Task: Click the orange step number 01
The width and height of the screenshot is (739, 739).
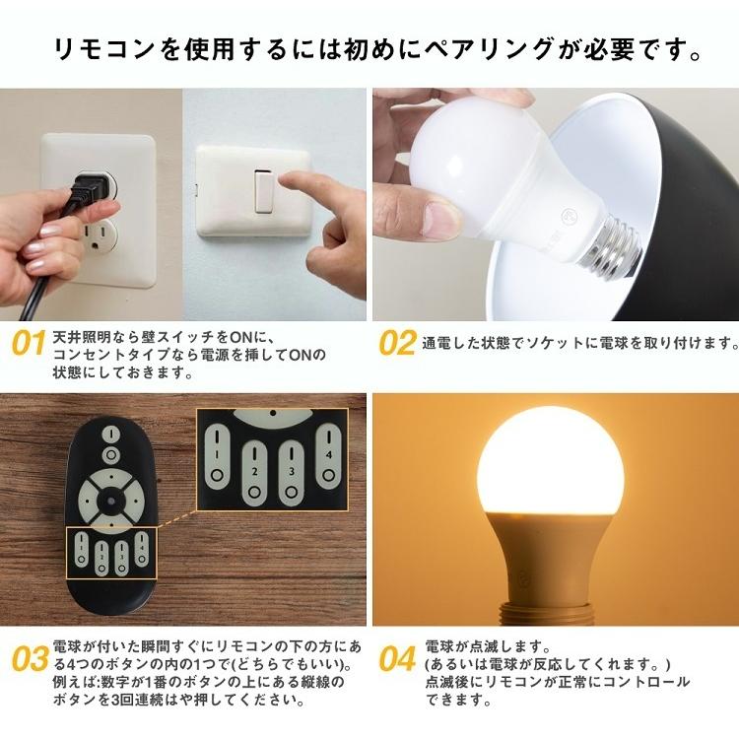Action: coord(29,344)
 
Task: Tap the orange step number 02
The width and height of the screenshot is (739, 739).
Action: coord(397,343)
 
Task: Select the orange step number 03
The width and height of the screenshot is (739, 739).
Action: coord(31,658)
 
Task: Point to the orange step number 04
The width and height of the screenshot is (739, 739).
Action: coord(397,658)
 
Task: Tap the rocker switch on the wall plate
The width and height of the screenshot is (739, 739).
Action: coord(264,190)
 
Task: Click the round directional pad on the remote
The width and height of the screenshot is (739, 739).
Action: coord(110,498)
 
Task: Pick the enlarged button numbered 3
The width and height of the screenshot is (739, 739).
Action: coord(291,463)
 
